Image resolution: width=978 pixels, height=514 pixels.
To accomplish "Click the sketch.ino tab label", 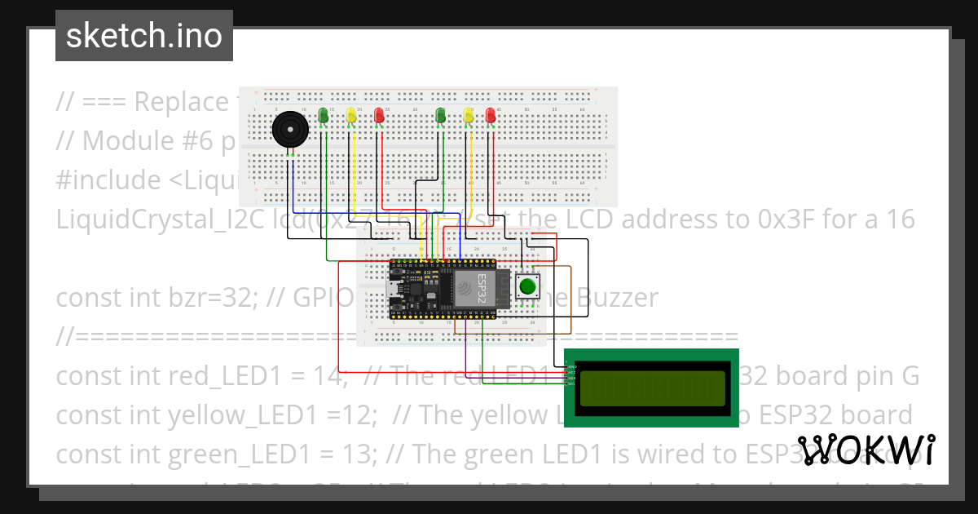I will pos(143,36).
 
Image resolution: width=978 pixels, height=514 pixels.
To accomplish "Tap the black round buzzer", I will pos(289,130).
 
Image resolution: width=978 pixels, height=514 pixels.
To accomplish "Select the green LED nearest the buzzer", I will pos(324,116).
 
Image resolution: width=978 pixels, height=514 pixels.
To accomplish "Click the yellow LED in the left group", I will pos(351,116).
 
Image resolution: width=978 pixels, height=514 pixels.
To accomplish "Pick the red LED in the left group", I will pos(378,116).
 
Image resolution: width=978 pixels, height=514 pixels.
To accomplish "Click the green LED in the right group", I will pos(441,116).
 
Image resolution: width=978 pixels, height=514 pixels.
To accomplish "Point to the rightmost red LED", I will pos(491,116).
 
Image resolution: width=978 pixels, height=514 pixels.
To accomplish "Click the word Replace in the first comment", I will pos(181,102).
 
